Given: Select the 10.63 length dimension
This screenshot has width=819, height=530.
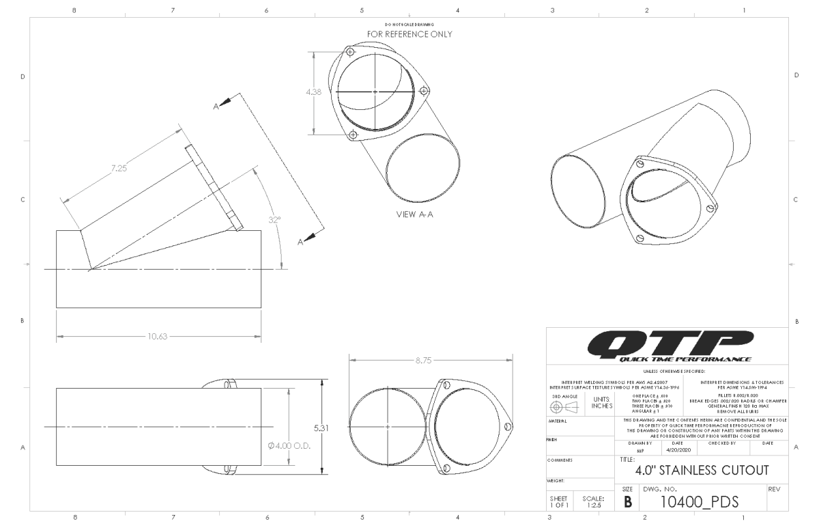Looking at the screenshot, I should click(158, 336).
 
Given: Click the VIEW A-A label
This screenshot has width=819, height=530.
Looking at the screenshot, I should click(415, 214).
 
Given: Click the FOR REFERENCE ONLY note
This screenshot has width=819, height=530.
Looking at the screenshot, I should click(409, 33).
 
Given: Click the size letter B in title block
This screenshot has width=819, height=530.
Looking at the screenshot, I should click(627, 502).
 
